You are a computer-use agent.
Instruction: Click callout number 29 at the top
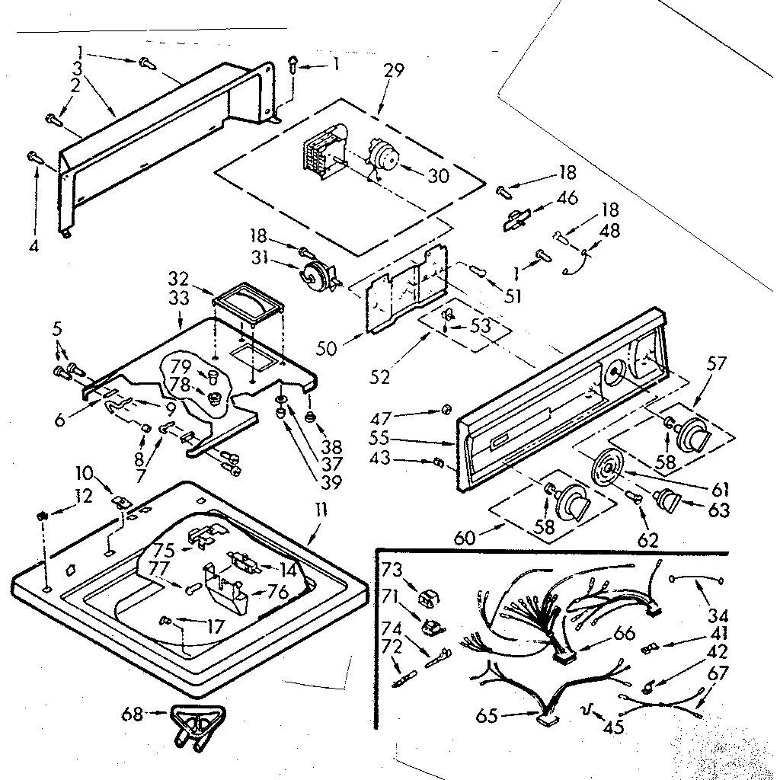(x=394, y=72)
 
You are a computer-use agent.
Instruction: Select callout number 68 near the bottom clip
(x=133, y=714)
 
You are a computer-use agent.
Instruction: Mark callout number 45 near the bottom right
(x=613, y=727)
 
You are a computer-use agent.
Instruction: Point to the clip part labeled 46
(x=519, y=219)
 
